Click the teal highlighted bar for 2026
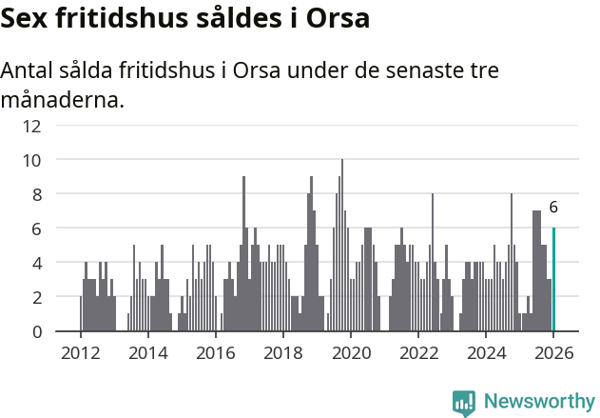(553, 280)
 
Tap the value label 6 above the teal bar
(553, 208)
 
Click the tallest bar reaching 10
(342, 246)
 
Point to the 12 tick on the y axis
(32, 126)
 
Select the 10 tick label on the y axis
(32, 160)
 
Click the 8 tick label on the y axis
(36, 194)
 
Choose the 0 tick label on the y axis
(36, 331)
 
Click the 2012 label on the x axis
(80, 352)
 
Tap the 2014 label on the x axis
(147, 352)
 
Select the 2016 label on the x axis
(215, 352)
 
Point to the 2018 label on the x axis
(282, 352)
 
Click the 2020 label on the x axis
(351, 352)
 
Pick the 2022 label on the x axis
(418, 352)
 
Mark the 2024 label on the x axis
(486, 352)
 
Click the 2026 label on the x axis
(553, 352)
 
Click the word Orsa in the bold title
(338, 19)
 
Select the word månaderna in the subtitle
(62, 99)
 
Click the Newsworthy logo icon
(464, 402)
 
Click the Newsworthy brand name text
(538, 402)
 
